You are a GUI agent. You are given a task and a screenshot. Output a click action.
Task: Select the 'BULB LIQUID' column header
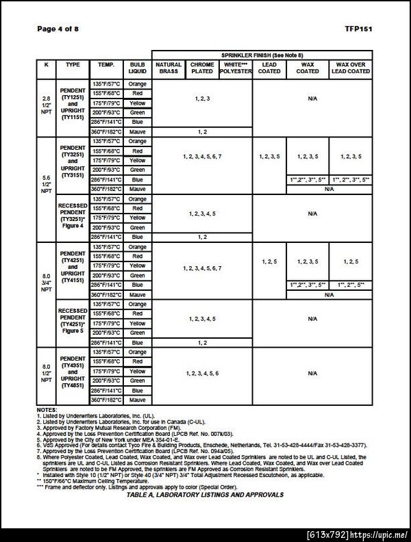pos(137,67)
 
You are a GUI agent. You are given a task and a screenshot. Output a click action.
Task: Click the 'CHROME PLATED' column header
pos(202,67)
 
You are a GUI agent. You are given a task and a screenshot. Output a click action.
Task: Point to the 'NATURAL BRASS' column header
pos(169,67)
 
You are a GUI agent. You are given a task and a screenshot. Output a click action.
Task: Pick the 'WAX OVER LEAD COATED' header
pos(351,67)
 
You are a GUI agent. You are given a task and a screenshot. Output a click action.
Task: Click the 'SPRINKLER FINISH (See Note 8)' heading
pos(262,54)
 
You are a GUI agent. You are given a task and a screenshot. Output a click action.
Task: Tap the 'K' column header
pos(46,64)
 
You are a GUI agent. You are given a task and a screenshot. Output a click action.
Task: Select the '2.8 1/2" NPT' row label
pos(46,107)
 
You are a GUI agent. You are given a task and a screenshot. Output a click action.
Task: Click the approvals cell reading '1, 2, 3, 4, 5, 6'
pos(202,373)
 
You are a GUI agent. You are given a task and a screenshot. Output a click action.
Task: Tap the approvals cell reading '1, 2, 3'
pos(202,99)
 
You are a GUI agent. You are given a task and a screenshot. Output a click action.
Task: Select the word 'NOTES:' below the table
pos(48,409)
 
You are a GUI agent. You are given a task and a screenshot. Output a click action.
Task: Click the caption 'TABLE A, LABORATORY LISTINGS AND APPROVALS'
pos(206,493)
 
